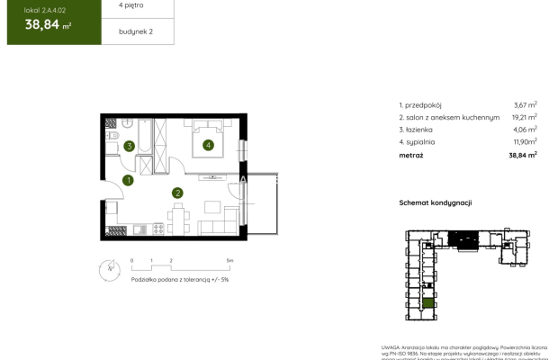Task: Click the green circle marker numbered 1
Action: tap(129, 180)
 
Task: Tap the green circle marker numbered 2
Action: tap(178, 192)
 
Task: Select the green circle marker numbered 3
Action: tap(130, 146)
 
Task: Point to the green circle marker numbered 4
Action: tap(208, 144)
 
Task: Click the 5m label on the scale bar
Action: tap(229, 260)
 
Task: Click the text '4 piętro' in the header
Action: tap(131, 5)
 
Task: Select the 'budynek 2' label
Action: tap(135, 31)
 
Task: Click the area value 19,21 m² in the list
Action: tap(525, 117)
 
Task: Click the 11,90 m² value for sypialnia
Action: tap(525, 142)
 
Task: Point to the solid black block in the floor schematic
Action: tap(464, 238)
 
